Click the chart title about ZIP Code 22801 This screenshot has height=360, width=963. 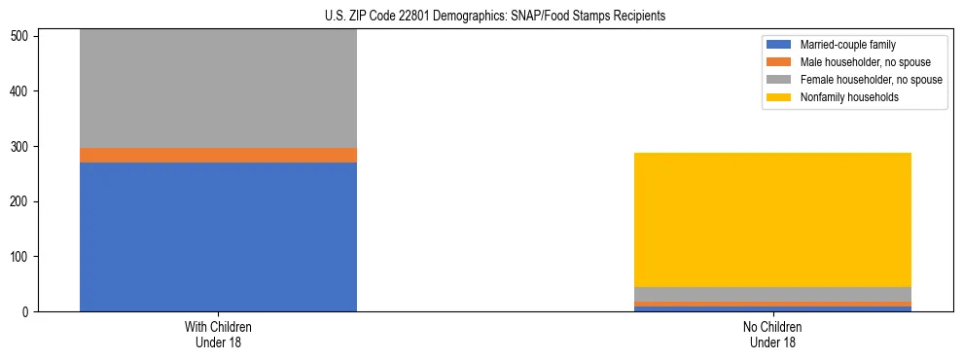tap(481, 17)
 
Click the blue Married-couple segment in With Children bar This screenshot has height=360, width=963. tap(218, 236)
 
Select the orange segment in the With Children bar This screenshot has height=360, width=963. tap(218, 155)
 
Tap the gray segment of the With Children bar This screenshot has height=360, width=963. tap(218, 89)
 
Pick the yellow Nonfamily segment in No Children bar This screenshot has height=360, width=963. tap(772, 220)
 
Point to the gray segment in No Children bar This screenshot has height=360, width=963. tap(772, 294)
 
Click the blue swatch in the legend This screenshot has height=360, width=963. tap(778, 45)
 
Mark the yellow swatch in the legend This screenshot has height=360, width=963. tap(778, 97)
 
